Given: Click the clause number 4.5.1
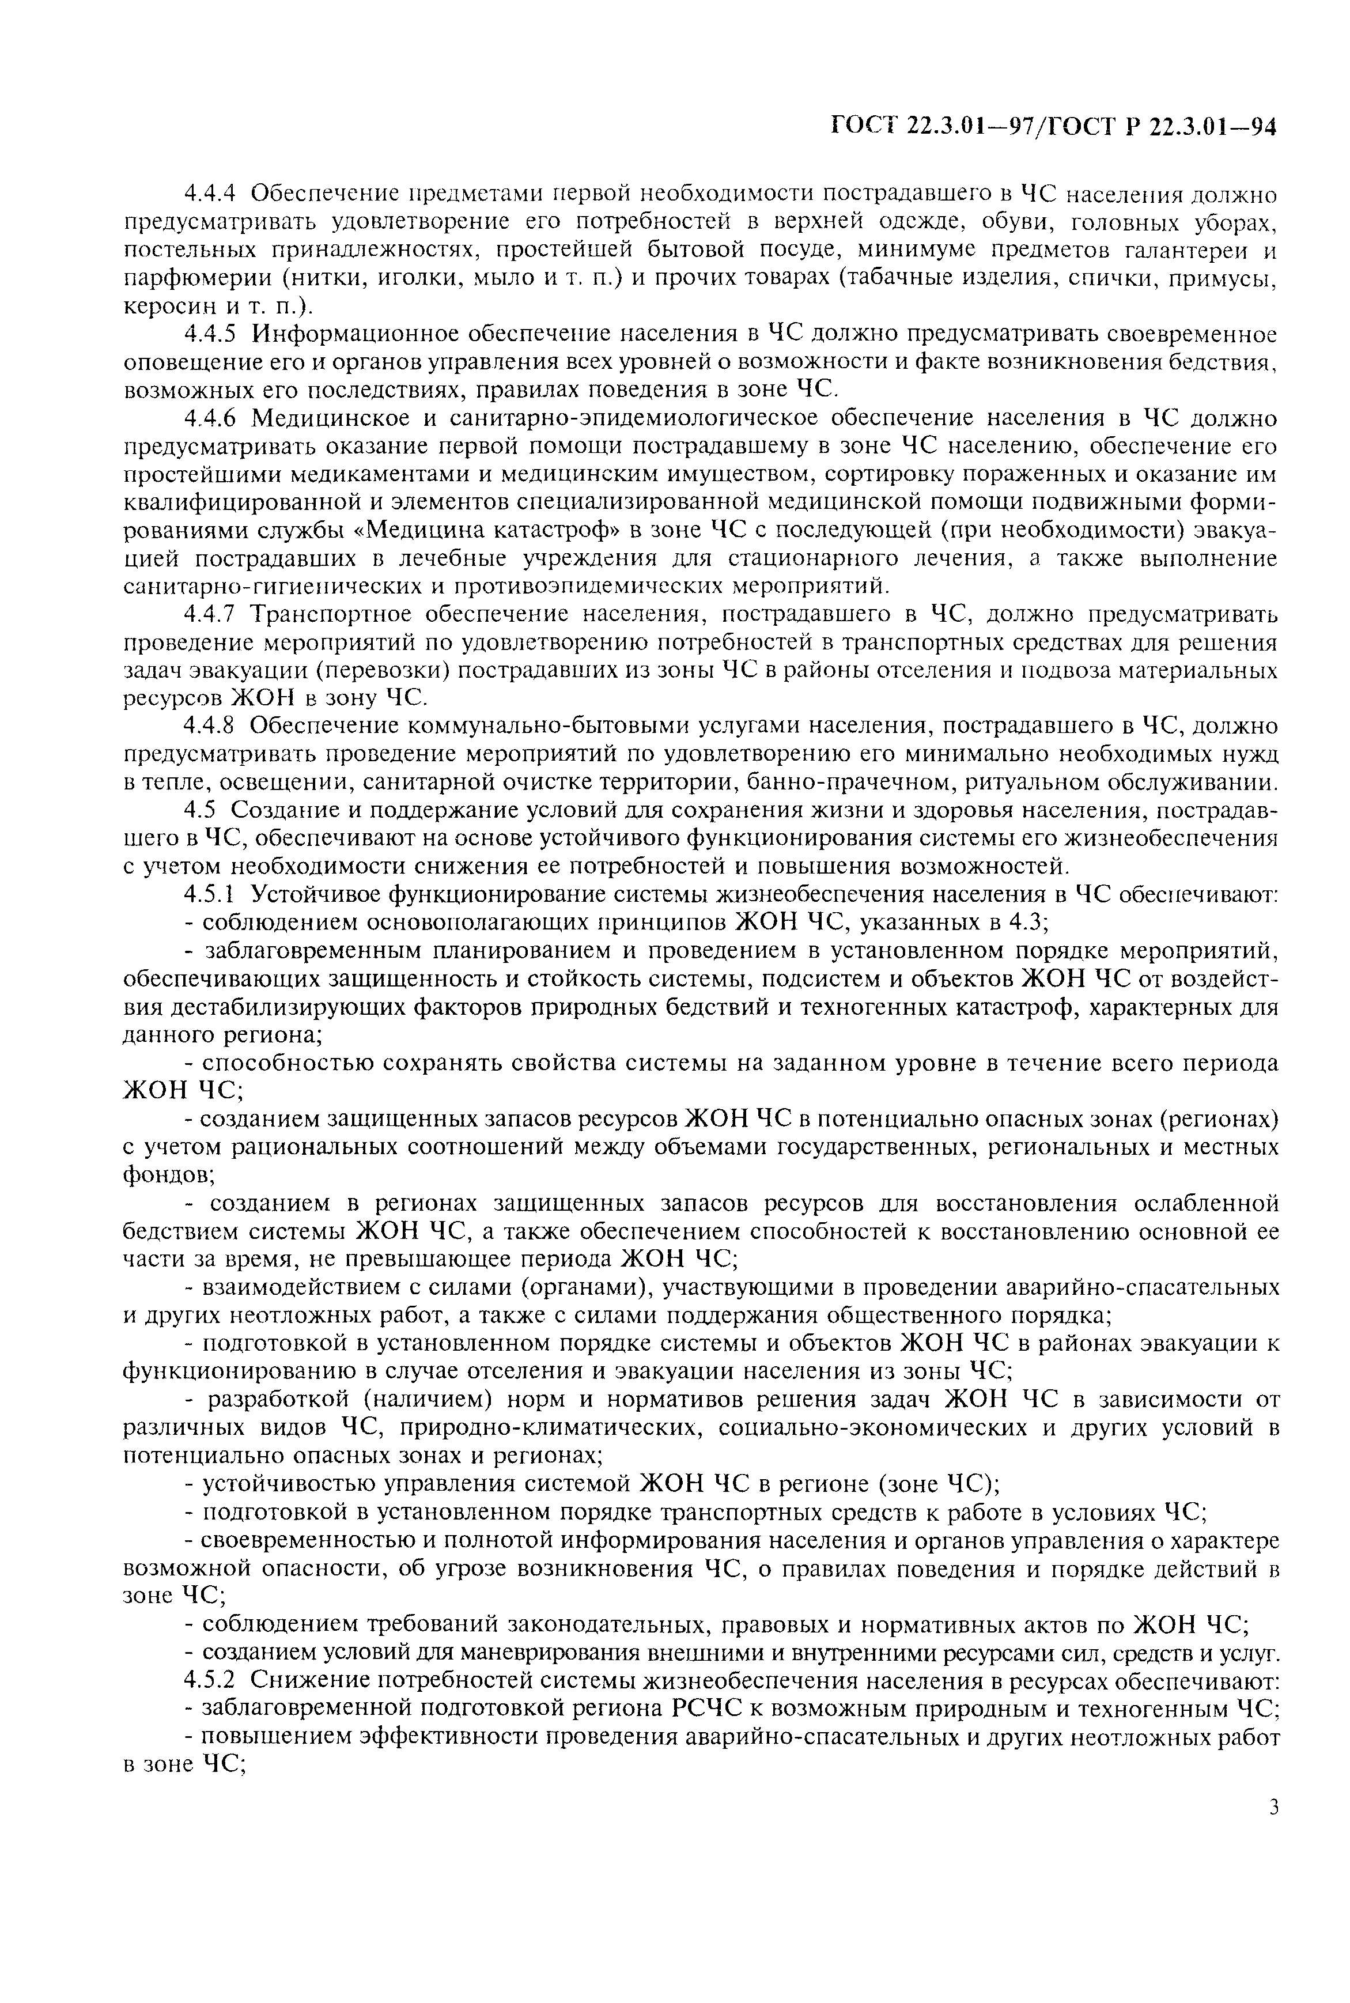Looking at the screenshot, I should [214, 895].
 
